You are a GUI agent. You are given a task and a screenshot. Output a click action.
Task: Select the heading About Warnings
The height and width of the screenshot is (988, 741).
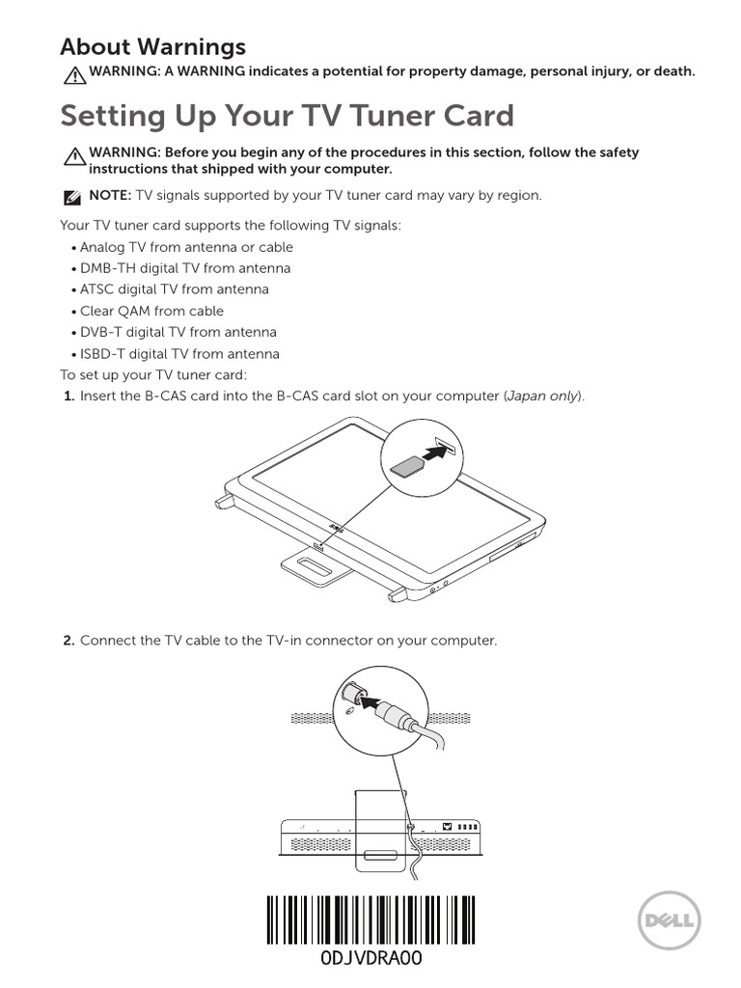point(152,46)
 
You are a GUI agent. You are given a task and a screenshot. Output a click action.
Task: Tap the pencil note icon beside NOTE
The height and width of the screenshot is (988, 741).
point(71,197)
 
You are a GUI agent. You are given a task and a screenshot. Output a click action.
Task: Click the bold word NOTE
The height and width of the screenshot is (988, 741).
point(110,195)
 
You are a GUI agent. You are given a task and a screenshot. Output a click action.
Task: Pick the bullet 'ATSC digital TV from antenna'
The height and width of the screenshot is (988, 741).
point(175,289)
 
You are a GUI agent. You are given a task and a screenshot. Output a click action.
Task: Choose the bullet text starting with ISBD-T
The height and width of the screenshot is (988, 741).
point(179,354)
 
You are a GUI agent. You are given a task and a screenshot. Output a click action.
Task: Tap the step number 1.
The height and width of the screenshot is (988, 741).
point(69,397)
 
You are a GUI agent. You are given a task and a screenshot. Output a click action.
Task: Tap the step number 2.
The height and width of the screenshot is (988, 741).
point(69,641)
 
